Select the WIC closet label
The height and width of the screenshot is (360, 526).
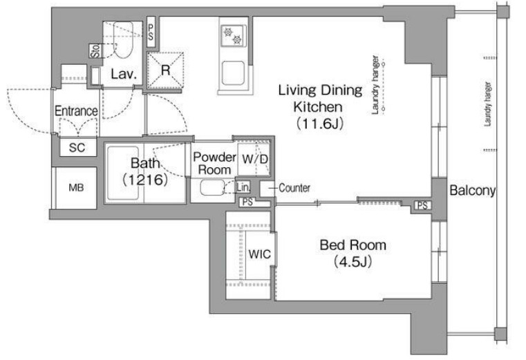pos(259,254)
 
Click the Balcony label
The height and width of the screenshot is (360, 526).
pos(472,191)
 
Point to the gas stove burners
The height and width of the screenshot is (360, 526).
pos(233,36)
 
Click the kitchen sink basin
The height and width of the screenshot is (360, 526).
pos(233,73)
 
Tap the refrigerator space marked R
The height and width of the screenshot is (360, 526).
pos(165,70)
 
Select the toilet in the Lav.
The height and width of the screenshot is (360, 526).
pos(123,39)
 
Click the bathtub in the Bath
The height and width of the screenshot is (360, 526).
pos(123,173)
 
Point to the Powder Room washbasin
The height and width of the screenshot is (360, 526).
pos(212,187)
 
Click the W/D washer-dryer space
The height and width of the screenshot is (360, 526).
pos(254,159)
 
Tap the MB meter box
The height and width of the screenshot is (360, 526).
pos(76,187)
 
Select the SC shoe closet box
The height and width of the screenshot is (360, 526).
pos(77,147)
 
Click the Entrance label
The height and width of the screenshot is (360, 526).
pos(76,111)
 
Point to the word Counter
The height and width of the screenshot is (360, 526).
pos(294,188)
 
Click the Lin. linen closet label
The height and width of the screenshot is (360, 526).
pos(243,187)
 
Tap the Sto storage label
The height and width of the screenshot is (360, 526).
pos(95,51)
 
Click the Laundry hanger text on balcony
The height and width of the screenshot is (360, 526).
pos(488,104)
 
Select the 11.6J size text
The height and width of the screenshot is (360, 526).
pos(320,124)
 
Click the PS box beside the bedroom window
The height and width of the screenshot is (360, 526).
pos(422,205)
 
